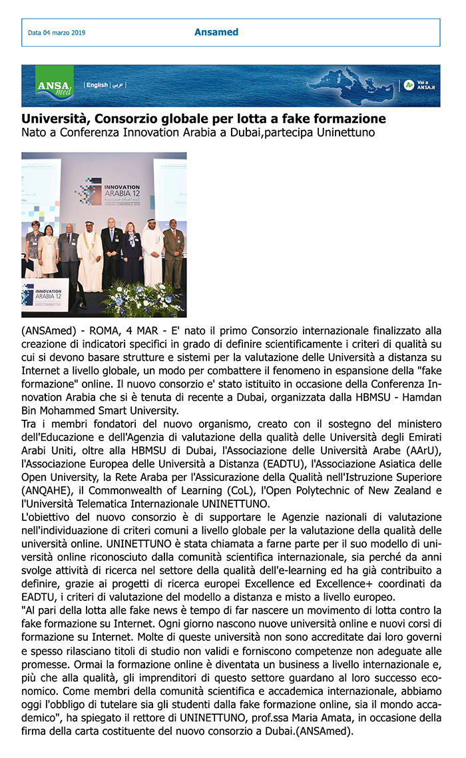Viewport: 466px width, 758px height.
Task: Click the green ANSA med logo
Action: click(55, 85)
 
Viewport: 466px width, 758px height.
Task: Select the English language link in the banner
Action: click(97, 85)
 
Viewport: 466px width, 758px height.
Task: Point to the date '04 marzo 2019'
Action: click(64, 33)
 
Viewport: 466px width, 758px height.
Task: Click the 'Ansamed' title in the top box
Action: click(216, 32)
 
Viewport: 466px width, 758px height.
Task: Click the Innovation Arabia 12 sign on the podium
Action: click(45, 296)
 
